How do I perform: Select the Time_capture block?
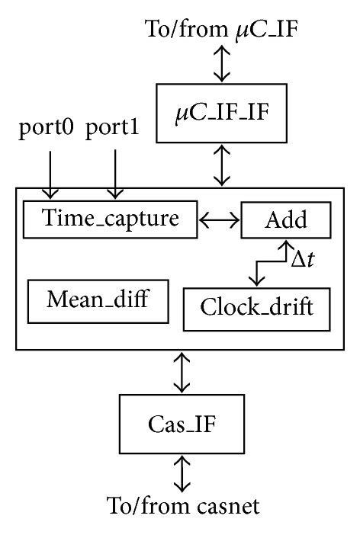[111, 219]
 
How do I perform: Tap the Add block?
[286, 220]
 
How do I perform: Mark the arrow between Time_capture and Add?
[220, 220]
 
